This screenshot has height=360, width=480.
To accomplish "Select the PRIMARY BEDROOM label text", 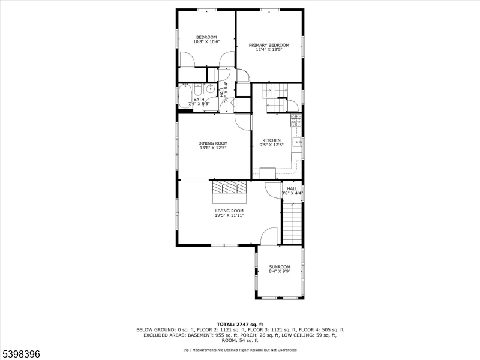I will click(269, 45).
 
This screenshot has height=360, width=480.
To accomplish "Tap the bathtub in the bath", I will click(185, 95).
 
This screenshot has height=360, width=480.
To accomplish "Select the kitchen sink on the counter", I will click(296, 143).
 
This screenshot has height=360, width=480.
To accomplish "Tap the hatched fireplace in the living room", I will click(230, 187).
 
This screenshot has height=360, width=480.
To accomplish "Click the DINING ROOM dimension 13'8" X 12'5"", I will click(213, 148).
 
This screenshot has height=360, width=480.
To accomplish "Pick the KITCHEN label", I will click(271, 140).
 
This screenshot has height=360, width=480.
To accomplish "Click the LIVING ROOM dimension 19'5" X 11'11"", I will click(229, 215).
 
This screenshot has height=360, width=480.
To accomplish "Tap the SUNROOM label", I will click(279, 266).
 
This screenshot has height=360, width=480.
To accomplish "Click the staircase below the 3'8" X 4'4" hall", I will click(292, 222).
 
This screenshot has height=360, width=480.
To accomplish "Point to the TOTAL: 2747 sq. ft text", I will click(239, 324).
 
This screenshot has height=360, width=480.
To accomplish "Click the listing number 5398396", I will click(21, 355).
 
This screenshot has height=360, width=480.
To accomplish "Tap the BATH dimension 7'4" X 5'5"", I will click(198, 104).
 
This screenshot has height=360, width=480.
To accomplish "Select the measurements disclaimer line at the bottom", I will click(240, 349).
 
